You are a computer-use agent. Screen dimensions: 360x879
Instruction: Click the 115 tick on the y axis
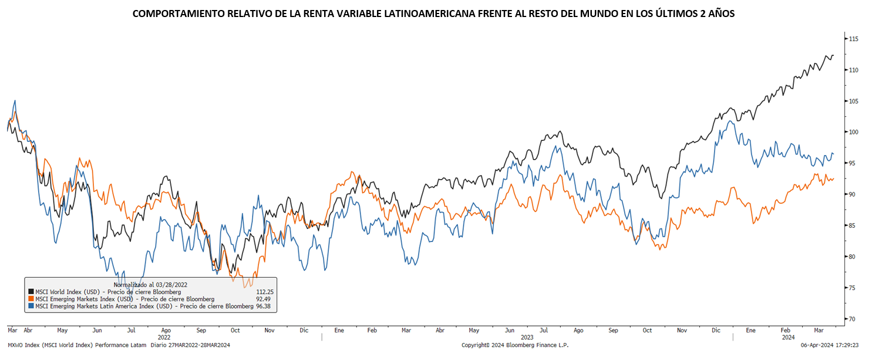pyautogui.click(x=854, y=39)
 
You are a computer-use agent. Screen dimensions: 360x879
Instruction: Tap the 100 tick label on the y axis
pyautogui.click(x=854, y=132)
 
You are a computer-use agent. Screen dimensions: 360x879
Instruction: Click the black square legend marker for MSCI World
pyautogui.click(x=31, y=291)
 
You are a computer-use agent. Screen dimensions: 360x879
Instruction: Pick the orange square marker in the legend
pyautogui.click(x=31, y=299)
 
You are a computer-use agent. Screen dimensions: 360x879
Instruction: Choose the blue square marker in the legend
pyautogui.click(x=31, y=306)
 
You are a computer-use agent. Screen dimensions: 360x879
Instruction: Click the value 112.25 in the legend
pyautogui.click(x=265, y=291)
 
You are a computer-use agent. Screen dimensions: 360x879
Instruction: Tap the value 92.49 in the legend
pyautogui.click(x=267, y=299)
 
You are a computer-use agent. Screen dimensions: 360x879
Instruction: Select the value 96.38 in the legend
pyautogui.click(x=265, y=306)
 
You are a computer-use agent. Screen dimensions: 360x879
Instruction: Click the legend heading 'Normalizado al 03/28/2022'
pyautogui.click(x=150, y=284)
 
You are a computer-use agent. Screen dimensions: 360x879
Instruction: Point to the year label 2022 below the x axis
pyautogui.click(x=164, y=338)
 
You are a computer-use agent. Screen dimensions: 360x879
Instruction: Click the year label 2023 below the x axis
pyautogui.click(x=527, y=338)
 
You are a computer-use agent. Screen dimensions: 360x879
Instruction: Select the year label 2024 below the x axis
pyautogui.click(x=787, y=338)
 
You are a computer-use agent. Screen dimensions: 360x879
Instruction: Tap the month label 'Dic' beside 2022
pyautogui.click(x=304, y=331)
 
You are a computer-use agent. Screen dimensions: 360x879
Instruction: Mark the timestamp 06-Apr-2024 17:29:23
pyautogui.click(x=843, y=345)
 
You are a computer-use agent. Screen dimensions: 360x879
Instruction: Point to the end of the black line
pyautogui.click(x=833, y=56)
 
